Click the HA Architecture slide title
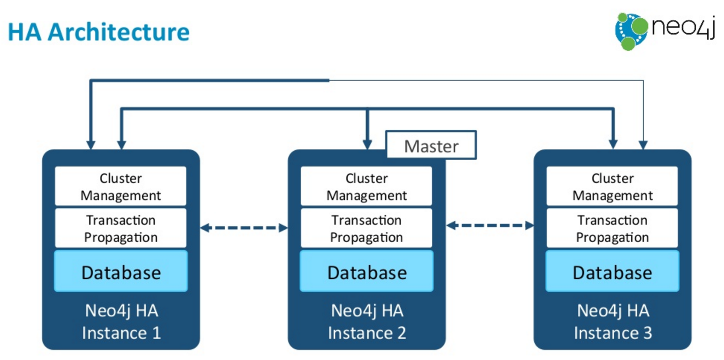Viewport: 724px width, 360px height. tap(99, 32)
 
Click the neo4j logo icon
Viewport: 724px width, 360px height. tap(631, 31)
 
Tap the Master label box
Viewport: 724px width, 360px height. tap(431, 145)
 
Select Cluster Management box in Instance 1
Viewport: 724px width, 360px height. tap(120, 186)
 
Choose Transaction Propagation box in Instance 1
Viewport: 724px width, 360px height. tap(120, 228)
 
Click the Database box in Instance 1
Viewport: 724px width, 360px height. tap(120, 271)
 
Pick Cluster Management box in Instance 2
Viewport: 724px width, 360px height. tap(366, 186)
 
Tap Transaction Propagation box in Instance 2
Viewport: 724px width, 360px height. tap(366, 228)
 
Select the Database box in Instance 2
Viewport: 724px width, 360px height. tap(366, 271)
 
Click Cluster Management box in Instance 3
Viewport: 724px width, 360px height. tap(612, 186)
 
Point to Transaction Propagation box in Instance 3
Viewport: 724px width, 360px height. tap(612, 228)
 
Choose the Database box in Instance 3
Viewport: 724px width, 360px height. tap(612, 271)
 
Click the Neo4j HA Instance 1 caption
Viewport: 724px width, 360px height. tap(121, 322)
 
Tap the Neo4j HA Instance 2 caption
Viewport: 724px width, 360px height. tap(367, 322)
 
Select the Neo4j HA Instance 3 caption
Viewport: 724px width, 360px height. tap(613, 322)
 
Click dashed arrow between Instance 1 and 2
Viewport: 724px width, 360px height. tap(244, 228)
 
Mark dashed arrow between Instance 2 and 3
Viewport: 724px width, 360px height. tap(490, 226)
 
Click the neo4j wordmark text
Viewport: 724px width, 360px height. tap(683, 28)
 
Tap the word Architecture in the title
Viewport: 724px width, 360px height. tap(118, 32)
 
